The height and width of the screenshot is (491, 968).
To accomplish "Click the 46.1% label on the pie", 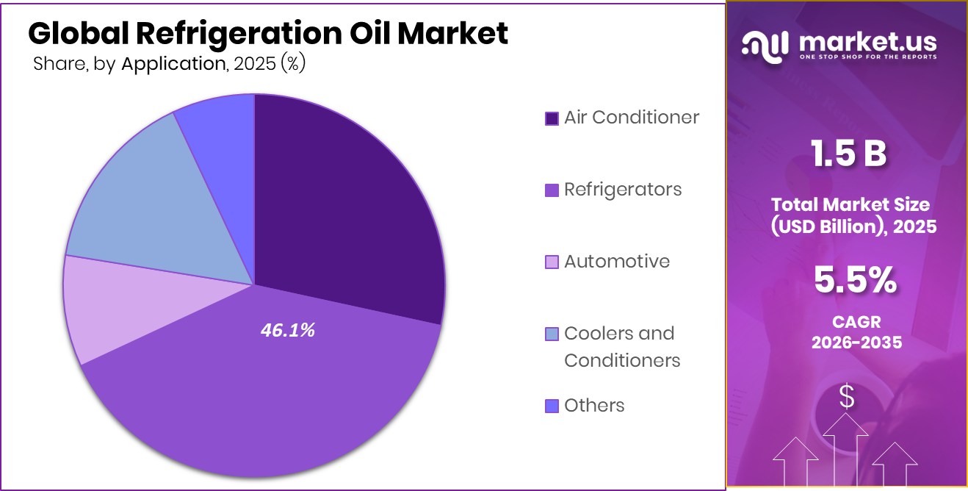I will tap(287, 331).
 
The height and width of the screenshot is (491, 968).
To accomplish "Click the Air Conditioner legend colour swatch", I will tap(552, 118).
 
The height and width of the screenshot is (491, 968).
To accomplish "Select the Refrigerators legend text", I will tap(623, 190).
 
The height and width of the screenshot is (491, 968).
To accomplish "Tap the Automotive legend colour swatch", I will tap(552, 262).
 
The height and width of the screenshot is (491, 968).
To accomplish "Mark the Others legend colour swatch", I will tap(552, 406).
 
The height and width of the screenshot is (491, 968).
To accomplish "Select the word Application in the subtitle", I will tap(173, 64).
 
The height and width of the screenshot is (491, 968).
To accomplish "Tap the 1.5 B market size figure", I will tap(848, 154).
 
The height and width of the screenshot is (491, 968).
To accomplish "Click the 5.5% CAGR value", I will tap(854, 279).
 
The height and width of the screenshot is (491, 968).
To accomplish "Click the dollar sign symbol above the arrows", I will tap(847, 398).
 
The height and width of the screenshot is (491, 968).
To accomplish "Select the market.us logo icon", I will tap(766, 46).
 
